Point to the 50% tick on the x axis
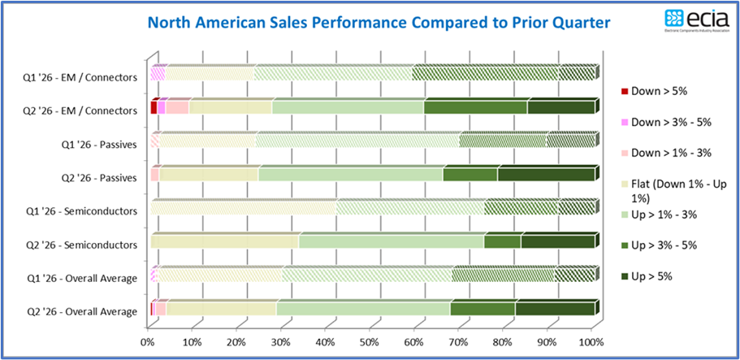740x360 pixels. (370, 341)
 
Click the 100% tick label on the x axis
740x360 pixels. (591, 341)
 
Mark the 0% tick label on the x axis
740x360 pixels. (149, 341)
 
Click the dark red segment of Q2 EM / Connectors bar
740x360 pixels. (154, 108)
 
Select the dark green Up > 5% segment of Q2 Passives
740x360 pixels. (546, 175)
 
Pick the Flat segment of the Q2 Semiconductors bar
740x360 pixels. (224, 242)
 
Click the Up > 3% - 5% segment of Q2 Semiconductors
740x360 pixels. (502, 242)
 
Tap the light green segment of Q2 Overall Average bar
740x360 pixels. (363, 310)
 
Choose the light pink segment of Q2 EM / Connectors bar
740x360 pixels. (177, 108)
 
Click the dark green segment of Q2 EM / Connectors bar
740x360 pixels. (560, 108)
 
